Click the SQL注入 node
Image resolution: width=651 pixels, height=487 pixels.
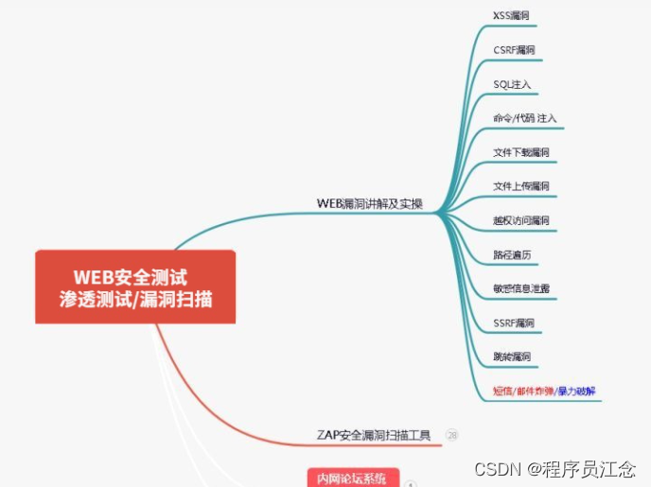click(512, 84)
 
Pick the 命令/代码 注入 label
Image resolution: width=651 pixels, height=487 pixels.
click(525, 118)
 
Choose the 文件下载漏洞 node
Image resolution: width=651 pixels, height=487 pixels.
click(521, 152)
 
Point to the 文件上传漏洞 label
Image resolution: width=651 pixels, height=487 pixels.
click(521, 186)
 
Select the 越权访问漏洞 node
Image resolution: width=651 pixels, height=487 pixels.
click(521, 220)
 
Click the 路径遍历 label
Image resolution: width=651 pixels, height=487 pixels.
click(512, 254)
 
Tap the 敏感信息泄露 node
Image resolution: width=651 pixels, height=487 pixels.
click(521, 288)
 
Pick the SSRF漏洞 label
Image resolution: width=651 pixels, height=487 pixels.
click(514, 322)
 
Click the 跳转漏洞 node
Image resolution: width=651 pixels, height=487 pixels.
click(512, 357)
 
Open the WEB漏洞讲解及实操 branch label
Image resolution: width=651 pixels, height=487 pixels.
click(369, 203)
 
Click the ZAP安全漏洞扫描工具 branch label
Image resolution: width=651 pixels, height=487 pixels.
click(374, 435)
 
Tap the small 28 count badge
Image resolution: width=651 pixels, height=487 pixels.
click(452, 435)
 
